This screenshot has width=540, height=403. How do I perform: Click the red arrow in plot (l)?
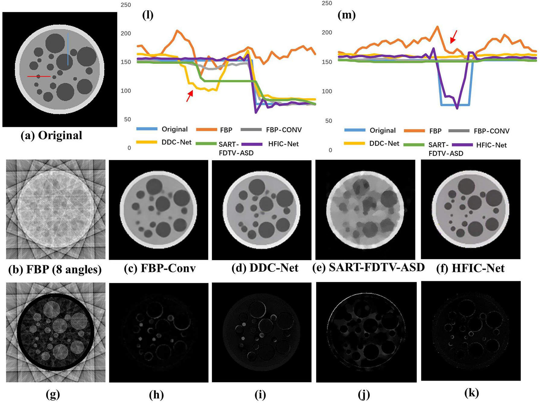click(x=189, y=96)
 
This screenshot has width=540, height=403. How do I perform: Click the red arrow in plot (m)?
click(x=453, y=37)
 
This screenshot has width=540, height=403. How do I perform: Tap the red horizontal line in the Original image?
click(x=39, y=76)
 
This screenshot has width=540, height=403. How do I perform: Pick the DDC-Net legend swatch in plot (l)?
click(x=147, y=142)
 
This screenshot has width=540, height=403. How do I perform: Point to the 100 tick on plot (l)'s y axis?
click(x=126, y=91)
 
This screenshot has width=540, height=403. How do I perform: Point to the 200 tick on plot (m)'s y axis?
click(x=327, y=32)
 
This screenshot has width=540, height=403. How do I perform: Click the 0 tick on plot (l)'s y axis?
click(x=129, y=148)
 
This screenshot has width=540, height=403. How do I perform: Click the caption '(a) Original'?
click(x=51, y=135)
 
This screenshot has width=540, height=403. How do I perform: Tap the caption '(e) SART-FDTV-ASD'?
click(x=368, y=267)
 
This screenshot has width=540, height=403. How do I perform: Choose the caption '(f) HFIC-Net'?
click(x=470, y=268)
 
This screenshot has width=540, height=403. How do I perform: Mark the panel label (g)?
click(x=53, y=394)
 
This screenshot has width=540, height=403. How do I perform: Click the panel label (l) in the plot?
click(x=148, y=15)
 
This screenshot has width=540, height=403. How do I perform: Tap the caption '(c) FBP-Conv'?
click(x=160, y=268)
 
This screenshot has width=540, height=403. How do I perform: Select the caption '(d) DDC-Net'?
click(x=265, y=268)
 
